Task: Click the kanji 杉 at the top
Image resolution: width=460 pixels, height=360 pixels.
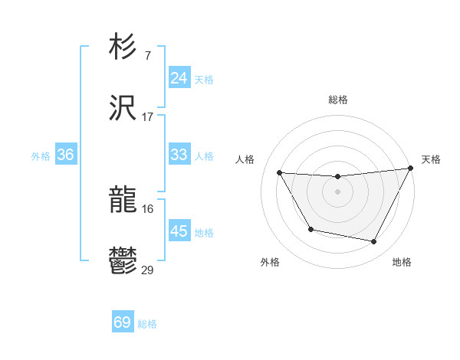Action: click(x=123, y=47)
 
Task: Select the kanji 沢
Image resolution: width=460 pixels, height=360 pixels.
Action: click(x=123, y=108)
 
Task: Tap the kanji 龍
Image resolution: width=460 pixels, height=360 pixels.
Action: click(x=123, y=200)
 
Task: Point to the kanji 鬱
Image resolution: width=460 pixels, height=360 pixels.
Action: click(x=123, y=261)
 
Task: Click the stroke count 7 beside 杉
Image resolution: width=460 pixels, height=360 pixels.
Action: click(x=147, y=55)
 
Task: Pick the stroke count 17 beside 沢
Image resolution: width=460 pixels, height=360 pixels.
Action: click(x=147, y=116)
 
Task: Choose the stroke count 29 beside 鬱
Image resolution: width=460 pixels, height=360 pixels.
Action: click(x=147, y=270)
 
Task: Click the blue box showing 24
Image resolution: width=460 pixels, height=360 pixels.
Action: click(x=179, y=78)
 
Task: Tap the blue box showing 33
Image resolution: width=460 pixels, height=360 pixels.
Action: click(x=179, y=155)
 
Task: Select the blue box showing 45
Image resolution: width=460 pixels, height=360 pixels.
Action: click(x=179, y=231)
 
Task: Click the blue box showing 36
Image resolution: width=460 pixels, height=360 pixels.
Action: click(x=65, y=155)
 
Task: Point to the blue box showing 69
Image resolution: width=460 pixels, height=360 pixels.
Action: click(x=122, y=322)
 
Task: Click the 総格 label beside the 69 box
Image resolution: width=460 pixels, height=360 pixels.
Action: click(x=147, y=324)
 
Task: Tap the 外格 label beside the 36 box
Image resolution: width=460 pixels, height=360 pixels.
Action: click(x=41, y=156)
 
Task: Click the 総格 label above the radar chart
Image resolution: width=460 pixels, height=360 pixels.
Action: click(x=337, y=100)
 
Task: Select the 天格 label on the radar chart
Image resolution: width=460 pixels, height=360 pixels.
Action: click(x=431, y=159)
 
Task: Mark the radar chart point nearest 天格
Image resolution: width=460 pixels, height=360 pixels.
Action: click(x=410, y=169)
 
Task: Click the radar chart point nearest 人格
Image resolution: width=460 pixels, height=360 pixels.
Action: click(x=280, y=173)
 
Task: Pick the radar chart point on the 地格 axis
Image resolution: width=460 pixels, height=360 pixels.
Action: click(x=373, y=242)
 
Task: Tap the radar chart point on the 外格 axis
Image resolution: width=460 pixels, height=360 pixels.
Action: click(x=310, y=230)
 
